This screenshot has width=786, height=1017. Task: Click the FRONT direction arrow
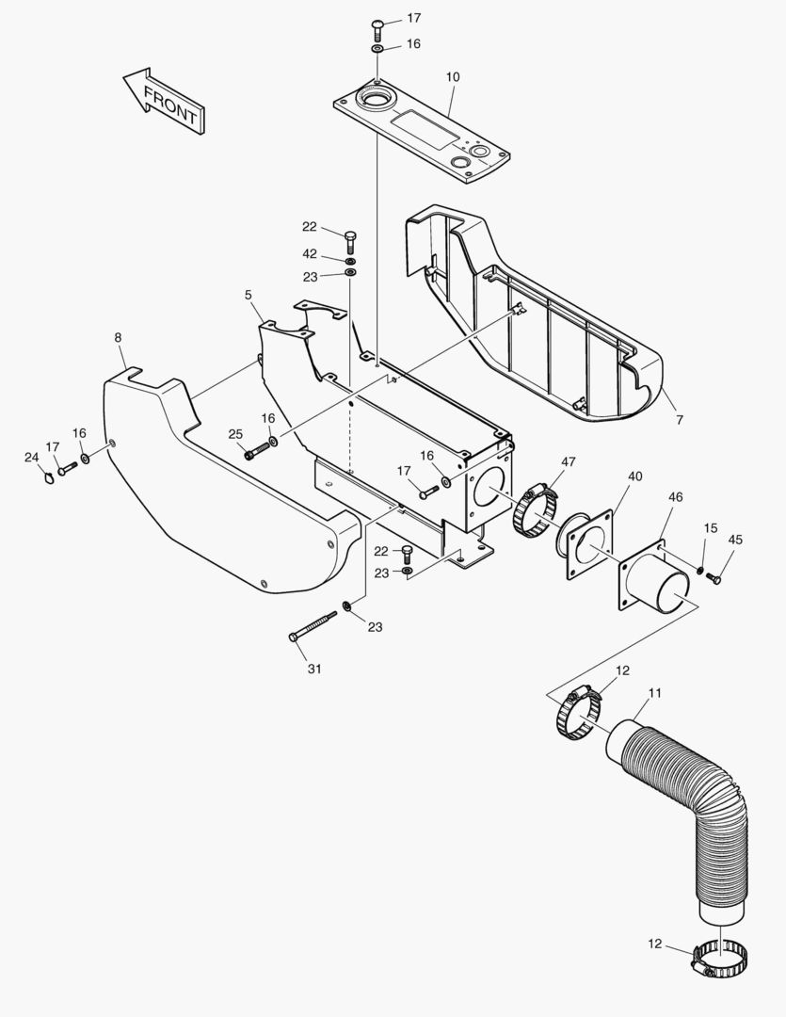click(x=166, y=100)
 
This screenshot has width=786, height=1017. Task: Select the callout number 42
click(x=310, y=253)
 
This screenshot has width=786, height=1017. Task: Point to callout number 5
click(x=249, y=295)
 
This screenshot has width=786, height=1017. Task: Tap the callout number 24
click(x=31, y=458)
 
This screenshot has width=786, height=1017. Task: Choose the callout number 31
click(x=314, y=669)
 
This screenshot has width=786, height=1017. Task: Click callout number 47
click(x=569, y=461)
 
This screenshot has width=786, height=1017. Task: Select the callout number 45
click(x=734, y=540)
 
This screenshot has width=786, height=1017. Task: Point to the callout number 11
click(x=655, y=693)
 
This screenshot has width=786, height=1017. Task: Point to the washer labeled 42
click(x=350, y=259)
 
